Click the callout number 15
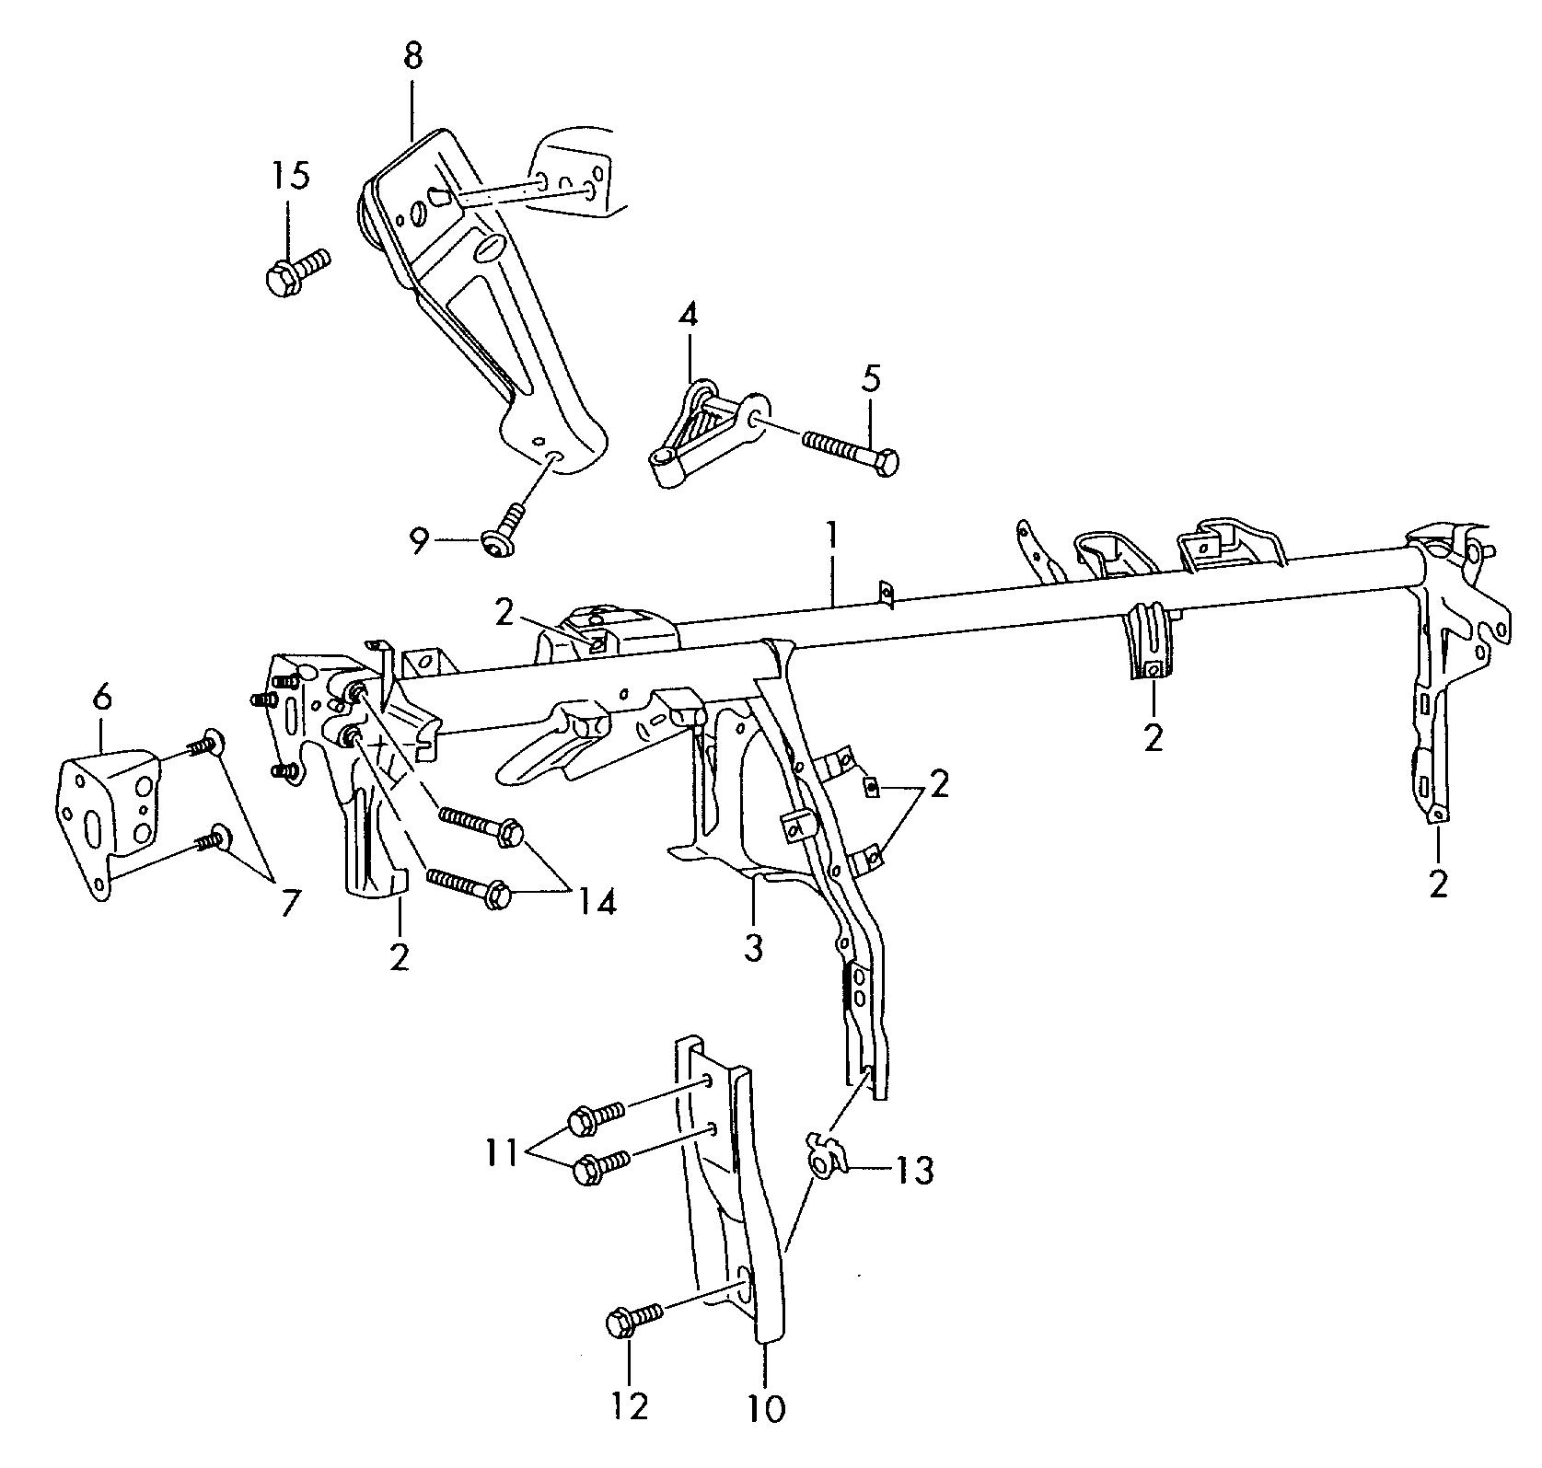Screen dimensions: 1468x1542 (290, 176)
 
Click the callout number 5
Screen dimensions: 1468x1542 (870, 377)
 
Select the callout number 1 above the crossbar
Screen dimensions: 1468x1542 (831, 537)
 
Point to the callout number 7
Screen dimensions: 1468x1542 (288, 903)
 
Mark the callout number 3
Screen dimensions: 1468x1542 (754, 948)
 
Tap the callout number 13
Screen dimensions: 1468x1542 (914, 1171)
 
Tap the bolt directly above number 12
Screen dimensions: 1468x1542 (632, 1323)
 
